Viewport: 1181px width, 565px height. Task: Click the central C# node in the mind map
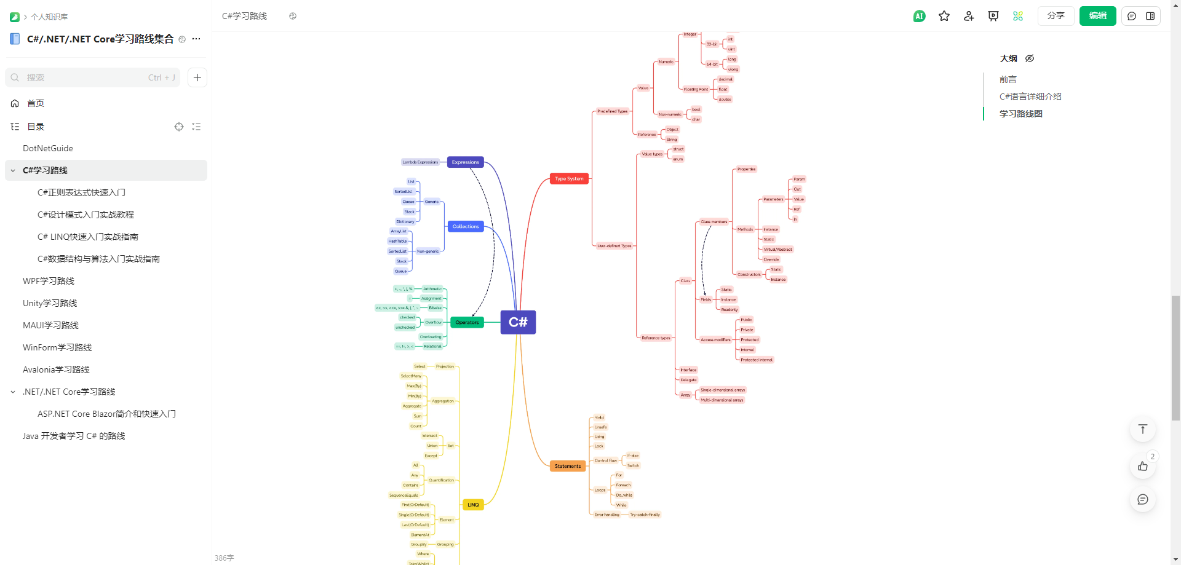pyautogui.click(x=518, y=322)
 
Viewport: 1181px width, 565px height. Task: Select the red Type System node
pyautogui.click(x=569, y=179)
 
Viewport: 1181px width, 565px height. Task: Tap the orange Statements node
pyautogui.click(x=567, y=466)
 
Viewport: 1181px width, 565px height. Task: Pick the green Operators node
pyautogui.click(x=467, y=322)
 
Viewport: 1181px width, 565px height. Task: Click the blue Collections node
pyautogui.click(x=466, y=226)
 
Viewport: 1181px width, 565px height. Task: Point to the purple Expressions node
pyautogui.click(x=465, y=162)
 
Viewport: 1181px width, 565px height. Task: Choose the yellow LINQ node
pyautogui.click(x=473, y=505)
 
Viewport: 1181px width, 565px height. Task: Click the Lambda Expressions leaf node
pyautogui.click(x=420, y=162)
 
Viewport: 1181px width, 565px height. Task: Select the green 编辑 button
pyautogui.click(x=1097, y=16)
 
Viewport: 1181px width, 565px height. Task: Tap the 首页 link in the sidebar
pyautogui.click(x=36, y=103)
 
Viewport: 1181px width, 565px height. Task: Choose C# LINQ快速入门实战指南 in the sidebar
pyautogui.click(x=87, y=237)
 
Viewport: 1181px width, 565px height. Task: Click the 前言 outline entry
pyautogui.click(x=1008, y=79)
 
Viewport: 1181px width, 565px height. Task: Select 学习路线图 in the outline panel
pyautogui.click(x=1020, y=114)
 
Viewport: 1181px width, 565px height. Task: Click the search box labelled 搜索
pyautogui.click(x=92, y=77)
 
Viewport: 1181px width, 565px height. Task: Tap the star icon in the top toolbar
pyautogui.click(x=944, y=16)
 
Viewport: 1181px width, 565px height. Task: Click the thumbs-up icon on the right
pyautogui.click(x=1142, y=466)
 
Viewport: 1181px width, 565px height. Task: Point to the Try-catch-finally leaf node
pyautogui.click(x=645, y=515)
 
